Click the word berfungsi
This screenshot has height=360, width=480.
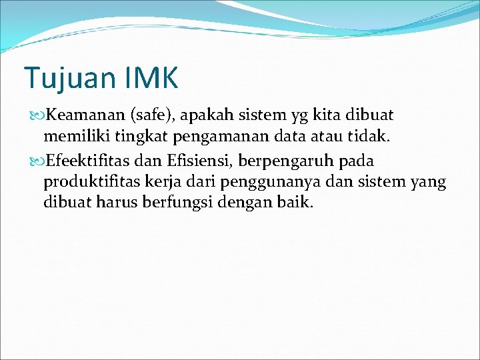click(180, 202)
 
